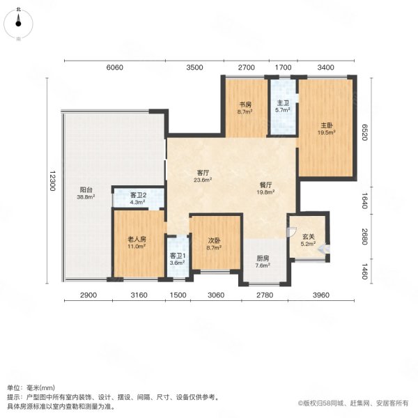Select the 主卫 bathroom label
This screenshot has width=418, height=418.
pyautogui.click(x=281, y=106)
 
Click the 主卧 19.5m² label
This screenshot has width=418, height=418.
pyautogui.click(x=325, y=128)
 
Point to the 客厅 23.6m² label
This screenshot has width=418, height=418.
pyautogui.click(x=203, y=175)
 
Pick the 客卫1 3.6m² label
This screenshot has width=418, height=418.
pyautogui.click(x=178, y=258)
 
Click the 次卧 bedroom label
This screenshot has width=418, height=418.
pyautogui.click(x=215, y=243)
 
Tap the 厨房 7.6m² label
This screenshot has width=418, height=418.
pyautogui.click(x=262, y=261)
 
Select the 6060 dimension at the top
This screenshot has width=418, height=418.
pyautogui.click(x=114, y=68)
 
